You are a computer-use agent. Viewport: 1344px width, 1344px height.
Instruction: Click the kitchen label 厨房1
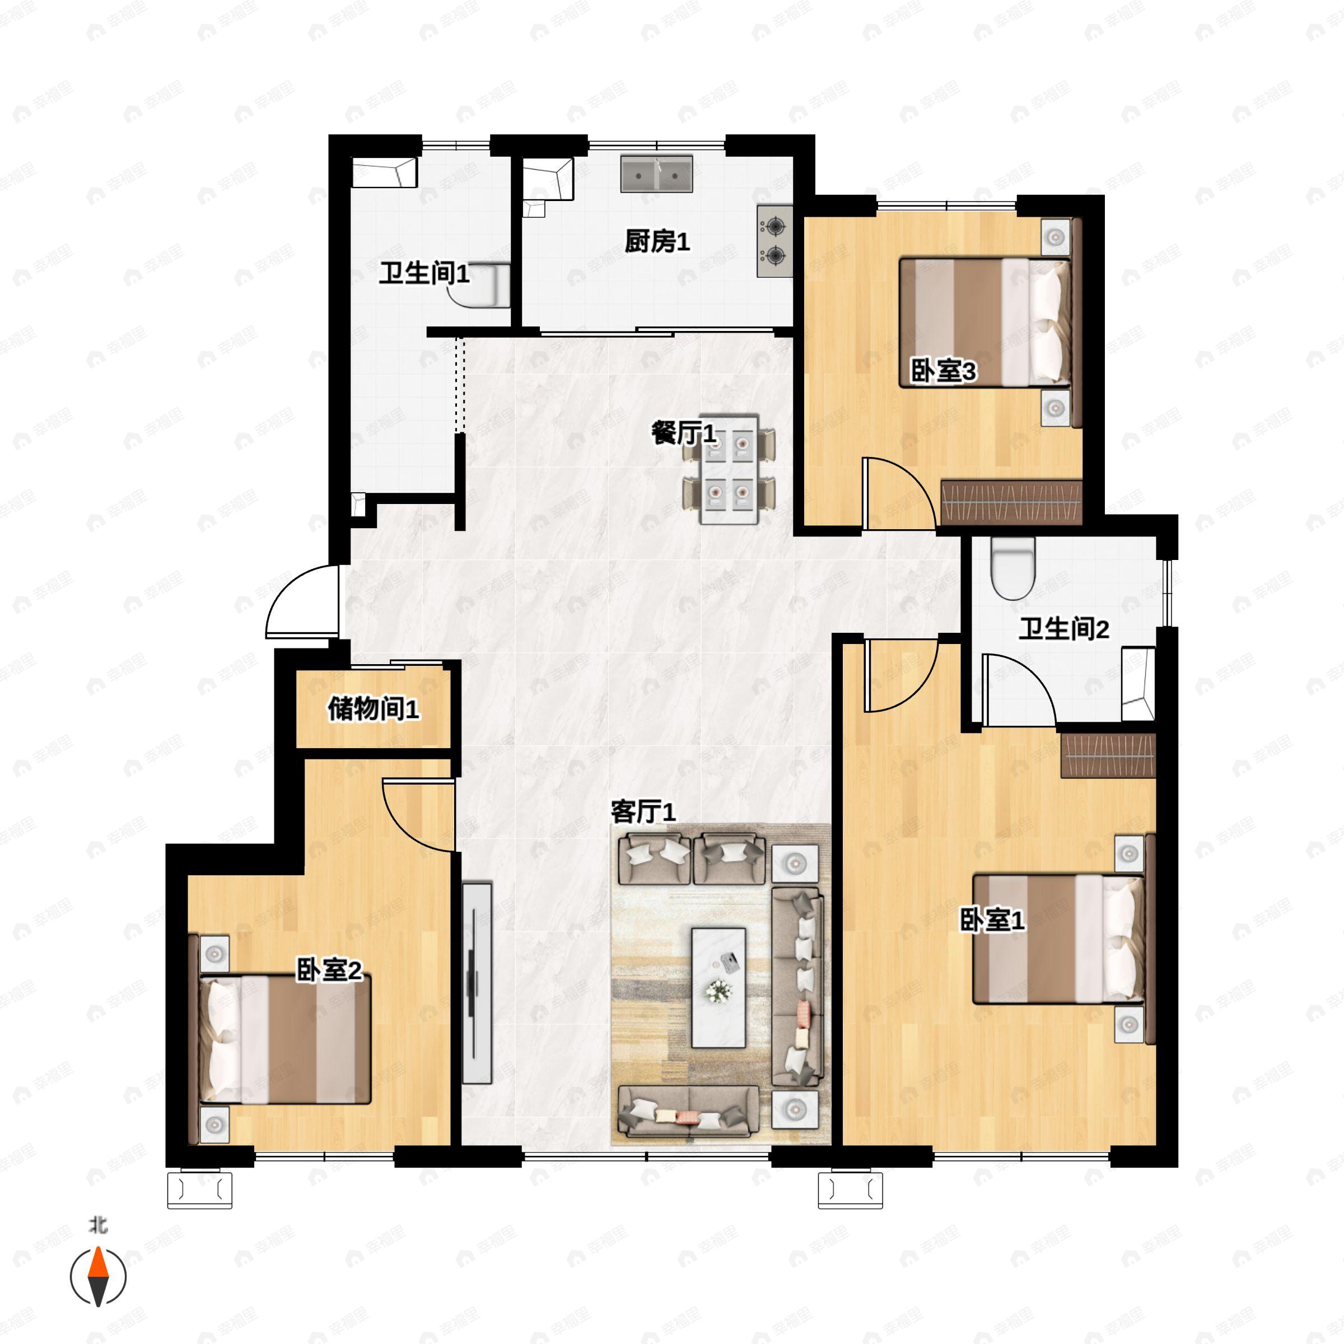(x=657, y=241)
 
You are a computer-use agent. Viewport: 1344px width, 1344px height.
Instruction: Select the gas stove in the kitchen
(x=774, y=241)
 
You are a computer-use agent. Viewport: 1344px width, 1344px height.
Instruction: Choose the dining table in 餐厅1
(x=729, y=471)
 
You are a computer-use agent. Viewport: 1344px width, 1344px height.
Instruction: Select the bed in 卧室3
(x=984, y=322)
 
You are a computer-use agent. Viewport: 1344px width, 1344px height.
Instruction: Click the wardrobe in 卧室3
(x=1011, y=502)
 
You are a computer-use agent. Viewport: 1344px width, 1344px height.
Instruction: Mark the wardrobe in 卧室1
(x=1108, y=755)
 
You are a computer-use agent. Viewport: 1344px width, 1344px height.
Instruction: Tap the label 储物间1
(x=374, y=710)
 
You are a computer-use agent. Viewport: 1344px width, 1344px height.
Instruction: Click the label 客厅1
(x=643, y=812)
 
